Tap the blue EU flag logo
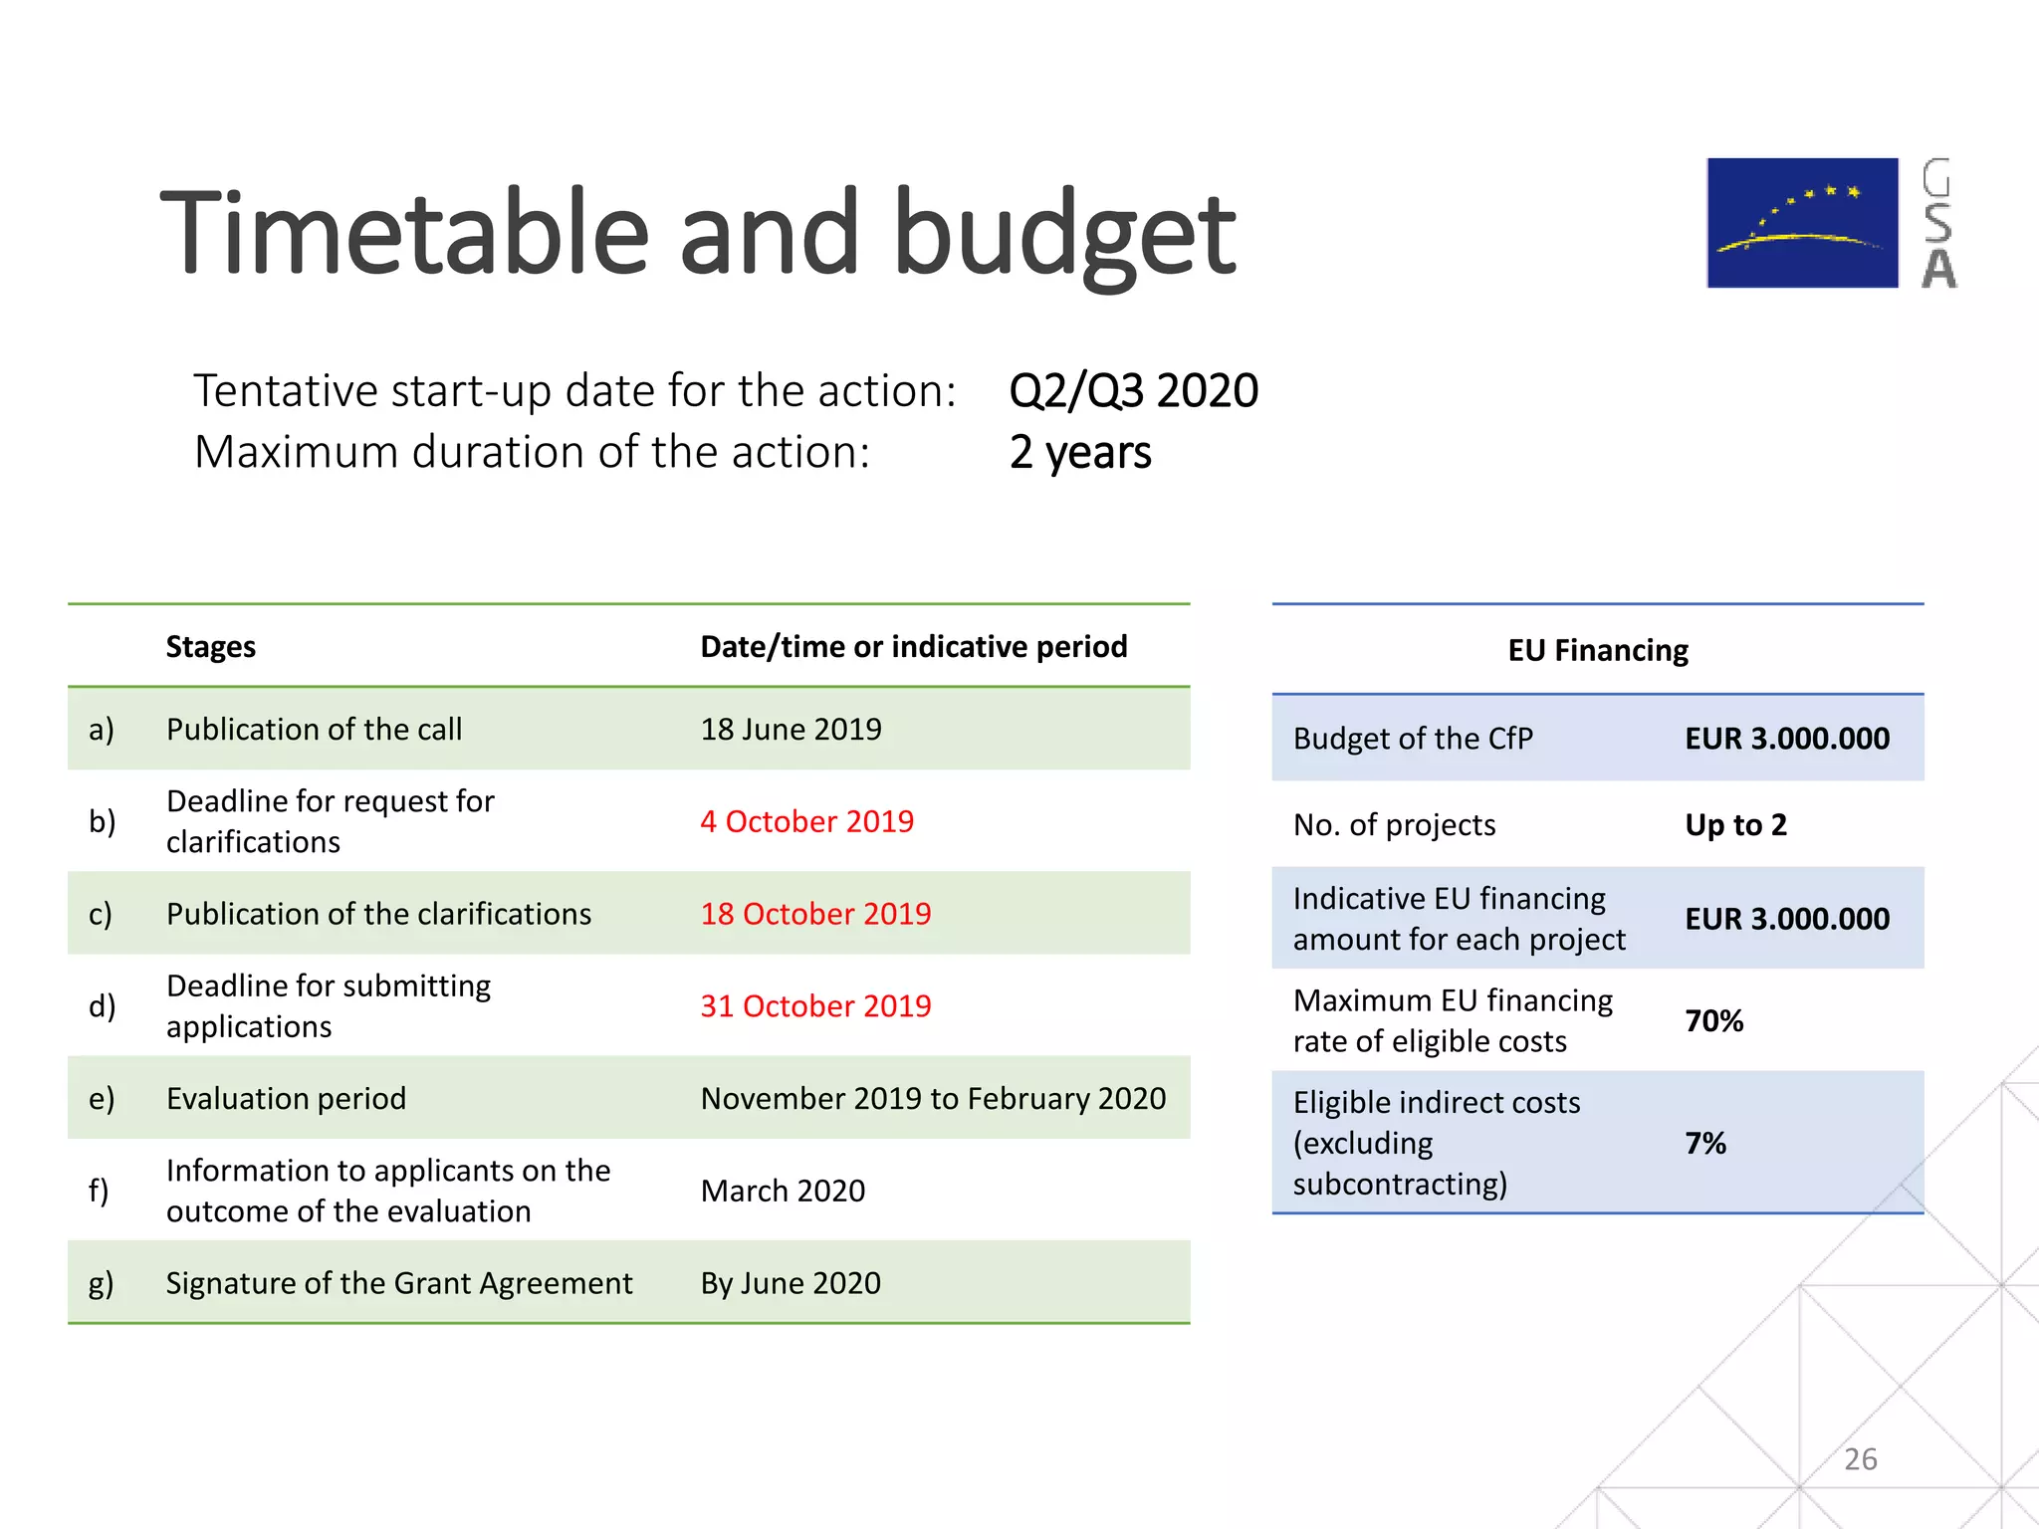tap(1802, 223)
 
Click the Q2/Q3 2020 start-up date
tap(1133, 390)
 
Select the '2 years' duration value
tap(1079, 452)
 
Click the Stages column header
tap(210, 647)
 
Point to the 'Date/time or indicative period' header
tap(913, 647)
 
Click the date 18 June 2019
tap(791, 729)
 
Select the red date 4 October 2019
tap(806, 821)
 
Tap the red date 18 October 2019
tap(815, 914)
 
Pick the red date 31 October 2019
tap(815, 1005)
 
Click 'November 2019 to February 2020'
tap(933, 1098)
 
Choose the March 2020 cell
tap(783, 1191)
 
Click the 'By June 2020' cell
tap(791, 1283)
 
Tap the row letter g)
tap(101, 1283)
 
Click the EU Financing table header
tap(1597, 650)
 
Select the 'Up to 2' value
tap(1735, 825)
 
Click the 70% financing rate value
tap(1713, 1021)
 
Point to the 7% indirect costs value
tap(1704, 1143)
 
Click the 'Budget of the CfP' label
tap(1412, 739)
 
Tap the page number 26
tap(1860, 1459)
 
